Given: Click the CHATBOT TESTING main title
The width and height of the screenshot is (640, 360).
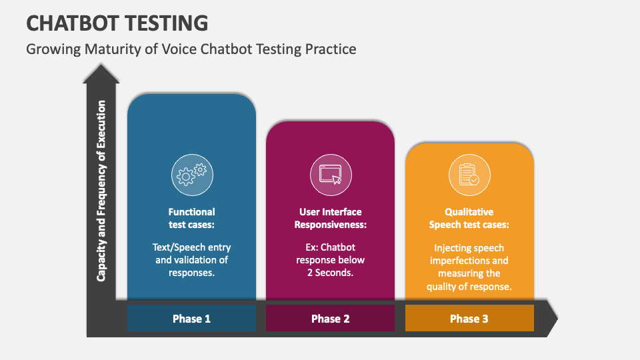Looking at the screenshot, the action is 117,23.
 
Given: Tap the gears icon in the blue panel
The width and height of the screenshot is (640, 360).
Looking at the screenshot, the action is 192,175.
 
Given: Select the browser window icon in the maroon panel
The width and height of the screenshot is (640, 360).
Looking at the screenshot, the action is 331,175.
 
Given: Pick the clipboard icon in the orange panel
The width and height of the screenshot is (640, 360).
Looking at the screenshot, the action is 469,175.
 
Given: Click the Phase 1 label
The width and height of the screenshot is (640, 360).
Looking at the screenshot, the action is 191,319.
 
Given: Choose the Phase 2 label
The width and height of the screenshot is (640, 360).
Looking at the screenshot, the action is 330,319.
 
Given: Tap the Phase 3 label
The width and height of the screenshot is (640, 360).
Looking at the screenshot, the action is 469,319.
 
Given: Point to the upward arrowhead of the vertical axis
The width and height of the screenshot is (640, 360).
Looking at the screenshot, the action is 101,73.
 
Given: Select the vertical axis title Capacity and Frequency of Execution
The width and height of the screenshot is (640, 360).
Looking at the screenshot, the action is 101,191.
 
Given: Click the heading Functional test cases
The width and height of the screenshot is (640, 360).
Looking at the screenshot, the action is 191,218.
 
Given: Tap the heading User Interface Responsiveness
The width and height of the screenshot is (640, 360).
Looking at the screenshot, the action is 330,218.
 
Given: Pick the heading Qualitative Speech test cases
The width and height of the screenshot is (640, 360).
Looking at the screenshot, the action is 469,218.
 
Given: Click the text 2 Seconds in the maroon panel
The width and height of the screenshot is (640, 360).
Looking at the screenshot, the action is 330,273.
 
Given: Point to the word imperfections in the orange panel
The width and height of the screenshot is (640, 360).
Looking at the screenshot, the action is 469,261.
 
